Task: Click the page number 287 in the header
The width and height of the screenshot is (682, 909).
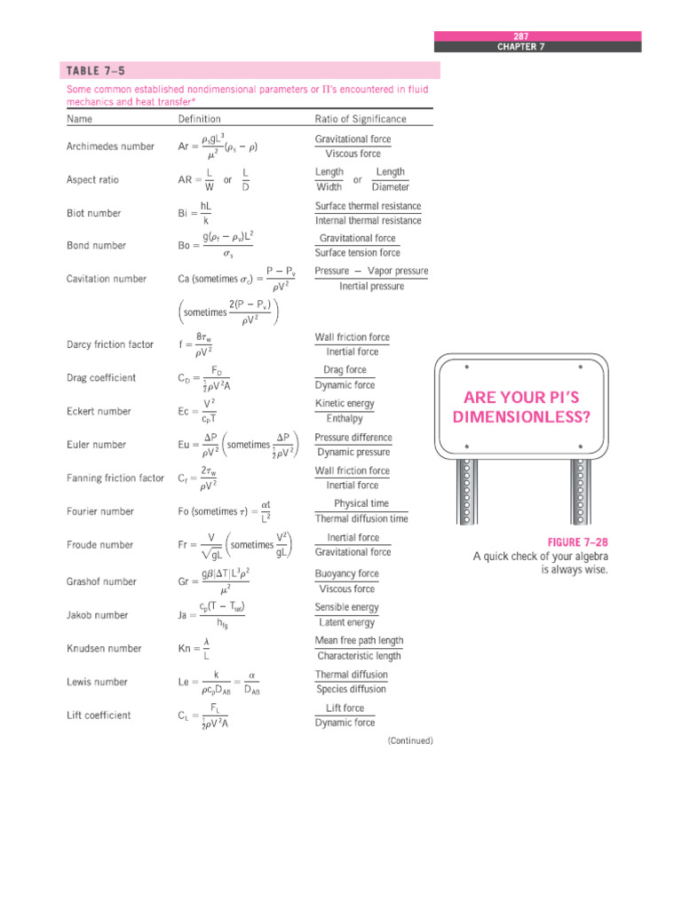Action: coord(520,36)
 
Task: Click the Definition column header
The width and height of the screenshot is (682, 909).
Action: coord(200,119)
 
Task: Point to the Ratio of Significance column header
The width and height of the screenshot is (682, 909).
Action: coord(361,119)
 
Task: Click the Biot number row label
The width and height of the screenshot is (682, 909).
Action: coord(93,213)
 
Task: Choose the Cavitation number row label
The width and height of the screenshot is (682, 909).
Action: coord(107,279)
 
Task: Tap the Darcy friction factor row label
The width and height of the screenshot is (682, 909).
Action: coord(109,344)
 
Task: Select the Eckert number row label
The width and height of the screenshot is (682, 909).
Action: coord(99,411)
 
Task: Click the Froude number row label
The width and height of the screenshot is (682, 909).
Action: coord(99,545)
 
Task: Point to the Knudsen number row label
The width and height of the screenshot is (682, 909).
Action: coord(103,649)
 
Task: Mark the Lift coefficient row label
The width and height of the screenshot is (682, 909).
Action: coord(99,715)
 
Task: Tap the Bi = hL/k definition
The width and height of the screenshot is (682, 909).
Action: coord(194,213)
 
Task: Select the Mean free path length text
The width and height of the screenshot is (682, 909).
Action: coord(359,641)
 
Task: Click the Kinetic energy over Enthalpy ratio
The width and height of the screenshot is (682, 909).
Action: coord(345,411)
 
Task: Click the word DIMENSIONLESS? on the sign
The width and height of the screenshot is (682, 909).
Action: coord(520,415)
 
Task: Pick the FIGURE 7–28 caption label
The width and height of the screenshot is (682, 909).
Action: coord(577,541)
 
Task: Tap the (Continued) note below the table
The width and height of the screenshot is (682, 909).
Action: coord(409,740)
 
